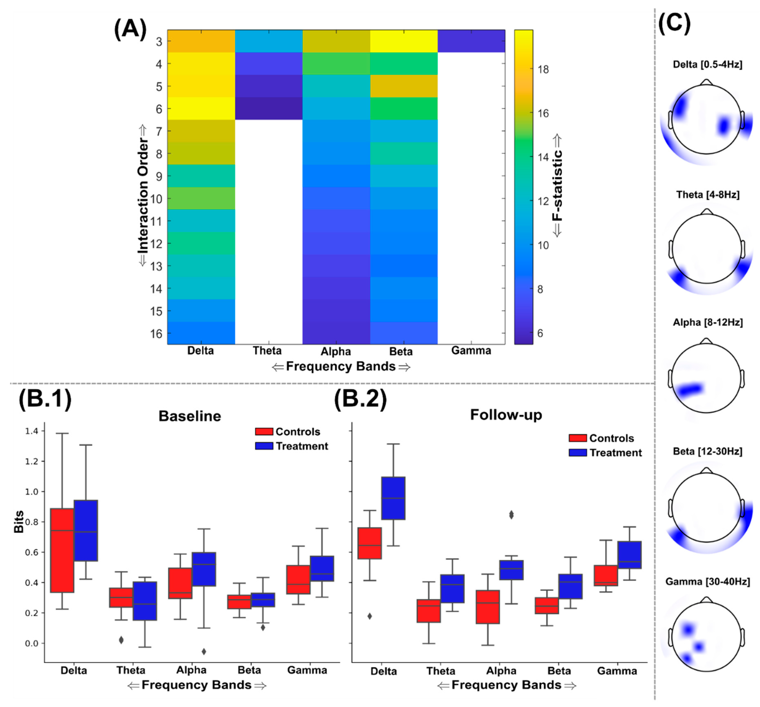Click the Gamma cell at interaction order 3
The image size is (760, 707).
click(471, 41)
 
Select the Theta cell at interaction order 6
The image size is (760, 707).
click(269, 108)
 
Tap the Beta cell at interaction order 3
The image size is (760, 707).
click(404, 41)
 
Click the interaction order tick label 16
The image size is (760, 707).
click(156, 334)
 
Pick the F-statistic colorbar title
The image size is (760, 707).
click(558, 185)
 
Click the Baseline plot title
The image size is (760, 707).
click(190, 416)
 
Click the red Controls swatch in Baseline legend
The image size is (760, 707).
click(264, 432)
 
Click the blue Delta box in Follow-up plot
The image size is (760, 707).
click(393, 498)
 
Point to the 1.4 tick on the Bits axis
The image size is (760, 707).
click(32, 431)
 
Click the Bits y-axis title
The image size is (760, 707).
click(18, 522)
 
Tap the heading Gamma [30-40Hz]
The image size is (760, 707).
click(708, 582)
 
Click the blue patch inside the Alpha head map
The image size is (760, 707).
click(690, 389)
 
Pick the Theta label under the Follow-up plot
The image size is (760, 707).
click(441, 671)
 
